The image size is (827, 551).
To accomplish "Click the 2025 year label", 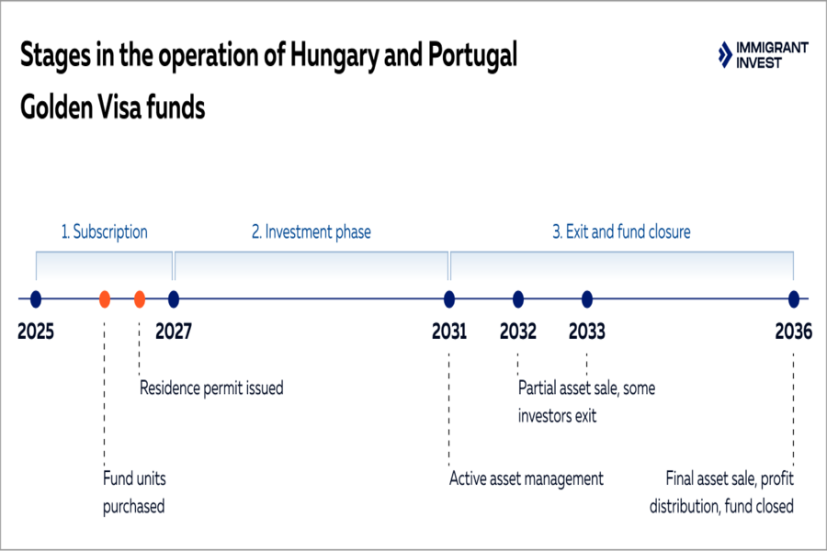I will (36, 332).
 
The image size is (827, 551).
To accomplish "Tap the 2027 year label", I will (174, 332).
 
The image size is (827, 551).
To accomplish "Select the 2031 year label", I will (449, 332).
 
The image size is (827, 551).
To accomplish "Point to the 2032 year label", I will (518, 332).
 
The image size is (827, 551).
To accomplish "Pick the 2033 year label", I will (587, 332).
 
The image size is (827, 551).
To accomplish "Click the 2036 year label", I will (793, 332).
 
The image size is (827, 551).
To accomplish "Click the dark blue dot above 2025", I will (36, 298).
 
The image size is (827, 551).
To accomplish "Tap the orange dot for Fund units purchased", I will (105, 298).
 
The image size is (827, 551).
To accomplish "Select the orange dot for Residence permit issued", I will (140, 298).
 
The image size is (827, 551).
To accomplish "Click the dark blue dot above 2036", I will (793, 298).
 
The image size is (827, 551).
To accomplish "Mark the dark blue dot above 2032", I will (518, 298).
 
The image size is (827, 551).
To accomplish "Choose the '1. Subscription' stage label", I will (104, 232).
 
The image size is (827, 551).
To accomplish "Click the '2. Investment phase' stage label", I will (312, 232).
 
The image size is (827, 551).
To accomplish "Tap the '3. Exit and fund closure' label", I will (621, 232).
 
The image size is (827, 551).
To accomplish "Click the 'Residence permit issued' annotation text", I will (211, 388).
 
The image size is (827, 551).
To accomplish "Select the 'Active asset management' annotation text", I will (526, 478).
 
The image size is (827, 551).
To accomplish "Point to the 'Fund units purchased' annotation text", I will (134, 492).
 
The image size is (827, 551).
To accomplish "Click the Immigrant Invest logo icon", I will (726, 54).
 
